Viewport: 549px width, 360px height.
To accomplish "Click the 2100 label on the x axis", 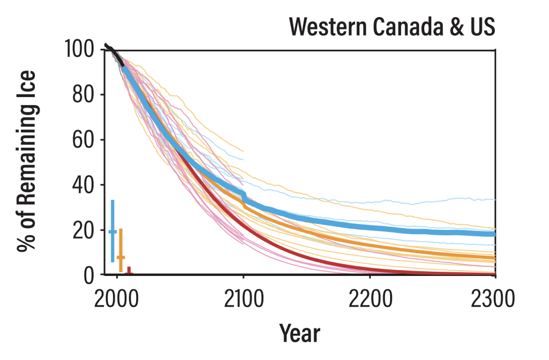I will tap(243, 297).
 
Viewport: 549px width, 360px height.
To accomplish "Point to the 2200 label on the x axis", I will tap(370, 297).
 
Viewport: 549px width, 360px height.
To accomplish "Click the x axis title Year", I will tap(299, 333).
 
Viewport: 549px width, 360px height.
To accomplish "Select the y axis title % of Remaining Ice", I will tap(27, 161).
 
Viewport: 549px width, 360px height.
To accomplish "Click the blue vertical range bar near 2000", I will tap(112, 231).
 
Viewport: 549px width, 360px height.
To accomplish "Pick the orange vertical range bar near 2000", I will tap(121, 250).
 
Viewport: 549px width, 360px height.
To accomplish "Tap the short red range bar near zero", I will tap(129, 271).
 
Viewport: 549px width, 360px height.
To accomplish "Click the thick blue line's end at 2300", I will tap(494, 234).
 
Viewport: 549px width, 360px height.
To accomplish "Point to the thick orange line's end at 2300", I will tap(494, 258).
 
